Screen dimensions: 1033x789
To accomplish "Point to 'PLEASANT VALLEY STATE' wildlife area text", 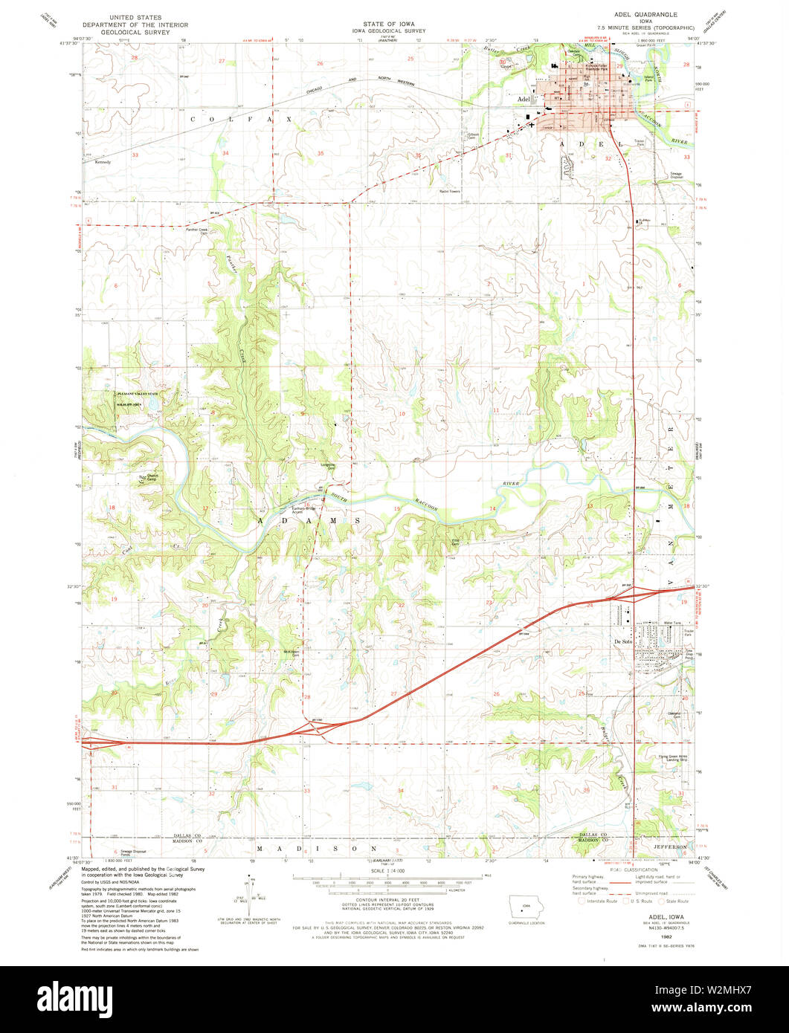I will click(x=138, y=394).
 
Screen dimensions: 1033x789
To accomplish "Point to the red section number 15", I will click(x=397, y=508).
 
